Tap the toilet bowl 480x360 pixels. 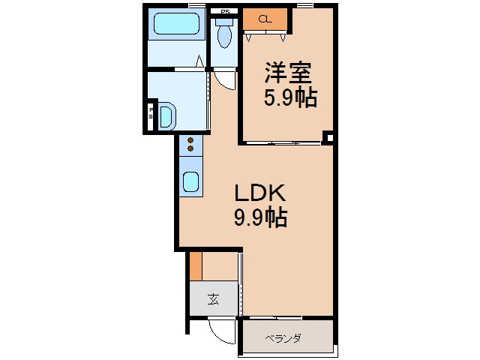[x=223, y=36]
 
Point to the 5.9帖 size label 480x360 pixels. [x=288, y=97]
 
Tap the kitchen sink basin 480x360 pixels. [x=190, y=181]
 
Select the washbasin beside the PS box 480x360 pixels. [x=166, y=116]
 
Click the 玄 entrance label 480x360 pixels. [x=213, y=300]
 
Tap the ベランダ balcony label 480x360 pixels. [x=283, y=339]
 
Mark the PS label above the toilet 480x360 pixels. [x=224, y=12]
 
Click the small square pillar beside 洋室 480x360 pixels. [x=328, y=137]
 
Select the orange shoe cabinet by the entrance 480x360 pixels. [x=196, y=266]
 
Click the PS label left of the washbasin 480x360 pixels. [x=151, y=113]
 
